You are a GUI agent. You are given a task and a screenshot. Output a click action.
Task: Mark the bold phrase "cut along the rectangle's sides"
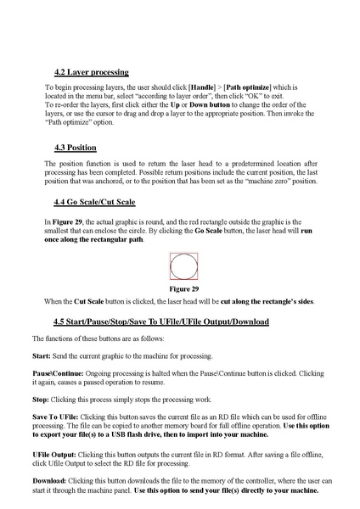(x=257, y=301)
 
